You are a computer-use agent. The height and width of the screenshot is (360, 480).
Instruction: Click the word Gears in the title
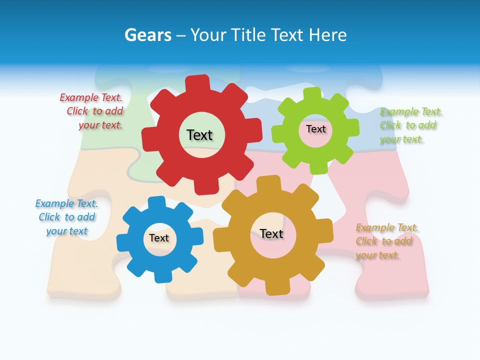pos(147,35)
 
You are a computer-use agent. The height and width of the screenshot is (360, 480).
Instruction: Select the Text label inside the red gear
pos(199,135)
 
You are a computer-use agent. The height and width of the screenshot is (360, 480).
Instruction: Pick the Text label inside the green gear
pos(315,129)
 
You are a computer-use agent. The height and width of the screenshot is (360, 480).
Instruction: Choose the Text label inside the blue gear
pos(159,238)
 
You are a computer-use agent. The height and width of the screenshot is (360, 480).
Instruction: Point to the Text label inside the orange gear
pos(271,233)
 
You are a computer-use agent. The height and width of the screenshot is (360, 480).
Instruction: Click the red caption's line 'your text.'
pos(100,125)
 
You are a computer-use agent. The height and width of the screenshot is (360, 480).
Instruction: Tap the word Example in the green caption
pos(398,111)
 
